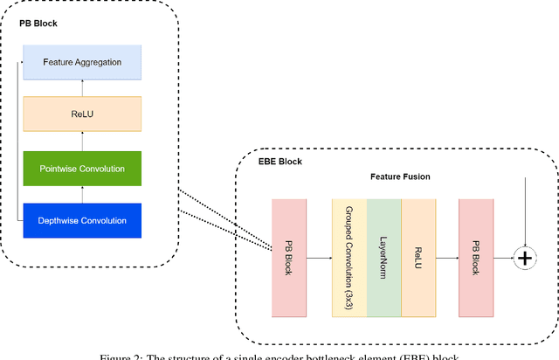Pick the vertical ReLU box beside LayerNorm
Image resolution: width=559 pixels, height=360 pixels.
pos(418,257)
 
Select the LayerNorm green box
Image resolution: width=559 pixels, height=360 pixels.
pos(383,257)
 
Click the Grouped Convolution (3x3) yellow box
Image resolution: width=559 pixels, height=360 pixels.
pos(349,257)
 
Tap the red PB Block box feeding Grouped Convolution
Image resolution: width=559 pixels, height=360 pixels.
pos(289,257)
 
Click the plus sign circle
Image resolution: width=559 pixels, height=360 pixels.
pos(525,258)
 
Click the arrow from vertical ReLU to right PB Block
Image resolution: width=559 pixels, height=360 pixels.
pos(446,258)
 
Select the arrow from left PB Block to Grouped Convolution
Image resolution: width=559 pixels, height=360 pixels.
pos(319,258)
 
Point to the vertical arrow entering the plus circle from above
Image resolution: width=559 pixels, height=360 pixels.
pos(525,210)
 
